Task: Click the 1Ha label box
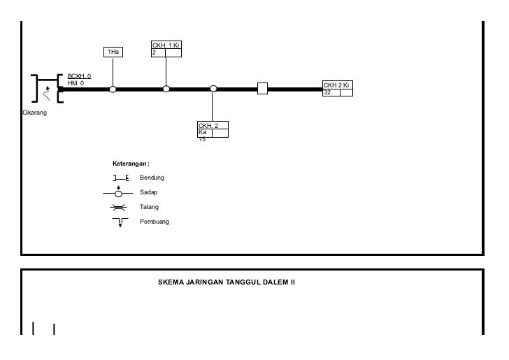[113, 52]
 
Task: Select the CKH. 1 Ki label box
[166, 49]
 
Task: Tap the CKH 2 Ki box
[338, 89]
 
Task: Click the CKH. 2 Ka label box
[213, 129]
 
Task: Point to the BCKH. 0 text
[79, 76]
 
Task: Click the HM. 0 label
[76, 83]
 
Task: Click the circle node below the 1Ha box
[113, 89]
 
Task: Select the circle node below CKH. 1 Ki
[166, 89]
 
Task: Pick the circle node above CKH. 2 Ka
[213, 89]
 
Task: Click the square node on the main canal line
[262, 89]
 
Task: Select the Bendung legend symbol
[120, 178]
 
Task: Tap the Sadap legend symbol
[120, 192]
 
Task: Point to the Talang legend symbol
[120, 207]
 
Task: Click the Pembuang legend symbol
[120, 222]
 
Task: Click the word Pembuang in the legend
[155, 222]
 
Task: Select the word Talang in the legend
[150, 207]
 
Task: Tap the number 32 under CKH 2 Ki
[327, 93]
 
